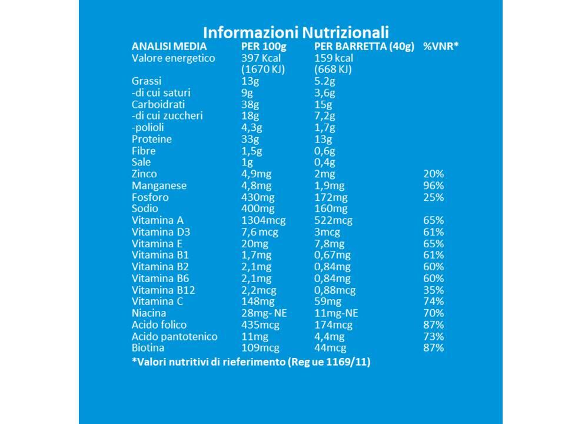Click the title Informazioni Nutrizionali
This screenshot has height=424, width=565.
tap(296, 32)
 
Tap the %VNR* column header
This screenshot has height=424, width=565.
tap(441, 46)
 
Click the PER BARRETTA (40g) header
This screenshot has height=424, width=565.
tap(364, 47)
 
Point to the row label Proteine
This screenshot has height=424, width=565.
tap(152, 139)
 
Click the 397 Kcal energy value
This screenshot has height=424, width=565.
tap(261, 58)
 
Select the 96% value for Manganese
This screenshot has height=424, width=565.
tap(434, 185)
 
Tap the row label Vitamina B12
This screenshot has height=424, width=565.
tap(163, 290)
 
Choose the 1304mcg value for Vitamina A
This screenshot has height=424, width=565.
tap(264, 220)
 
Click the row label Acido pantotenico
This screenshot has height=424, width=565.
tap(175, 337)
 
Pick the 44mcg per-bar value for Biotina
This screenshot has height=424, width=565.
tap(330, 348)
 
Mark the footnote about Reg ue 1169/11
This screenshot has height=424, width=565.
tap(251, 362)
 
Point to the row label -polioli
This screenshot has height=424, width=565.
tap(148, 127)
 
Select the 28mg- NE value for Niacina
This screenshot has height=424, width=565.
tap(264, 313)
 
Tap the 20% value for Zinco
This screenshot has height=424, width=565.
tap(434, 174)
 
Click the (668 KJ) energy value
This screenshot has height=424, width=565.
tap(333, 69)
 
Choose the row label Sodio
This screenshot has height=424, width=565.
tap(145, 208)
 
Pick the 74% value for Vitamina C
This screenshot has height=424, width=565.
tap(434, 302)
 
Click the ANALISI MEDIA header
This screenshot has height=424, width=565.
tap(169, 46)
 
